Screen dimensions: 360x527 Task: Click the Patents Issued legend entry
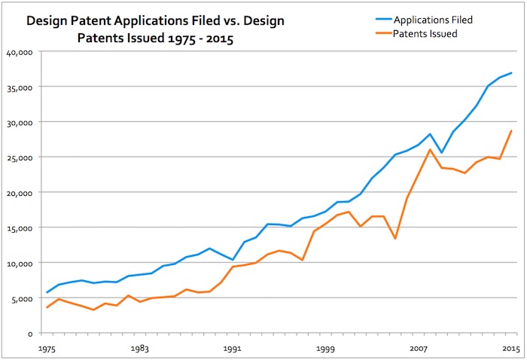point(426,35)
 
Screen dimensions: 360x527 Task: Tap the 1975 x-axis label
point(47,349)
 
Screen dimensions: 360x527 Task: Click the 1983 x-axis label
point(139,349)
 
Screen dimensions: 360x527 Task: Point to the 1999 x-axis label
point(325,349)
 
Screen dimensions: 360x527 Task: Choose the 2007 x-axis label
point(419,349)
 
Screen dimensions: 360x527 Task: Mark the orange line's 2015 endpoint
point(511,131)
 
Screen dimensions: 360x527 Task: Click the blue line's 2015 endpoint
point(511,73)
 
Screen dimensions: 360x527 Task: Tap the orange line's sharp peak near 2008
point(430,149)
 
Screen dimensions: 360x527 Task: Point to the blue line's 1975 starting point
point(47,292)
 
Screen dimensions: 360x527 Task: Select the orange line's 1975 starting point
point(47,307)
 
